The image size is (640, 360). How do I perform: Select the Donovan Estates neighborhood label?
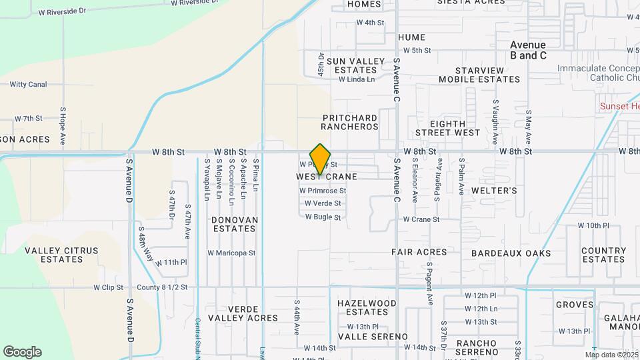point(234,224)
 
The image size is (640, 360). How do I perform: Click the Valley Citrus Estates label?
point(61,255)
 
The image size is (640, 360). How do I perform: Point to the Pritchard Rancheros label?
point(349,122)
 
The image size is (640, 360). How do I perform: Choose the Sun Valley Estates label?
point(360,65)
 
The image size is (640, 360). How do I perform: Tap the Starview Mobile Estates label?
point(479,75)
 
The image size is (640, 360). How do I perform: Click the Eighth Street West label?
point(455,128)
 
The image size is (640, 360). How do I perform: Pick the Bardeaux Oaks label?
point(511,253)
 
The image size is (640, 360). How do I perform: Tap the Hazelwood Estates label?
point(363,307)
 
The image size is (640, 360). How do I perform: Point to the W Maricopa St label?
point(231,253)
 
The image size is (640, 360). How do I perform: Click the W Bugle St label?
point(323,217)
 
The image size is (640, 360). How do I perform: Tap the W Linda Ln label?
point(357,79)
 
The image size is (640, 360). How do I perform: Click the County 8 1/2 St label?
point(162,287)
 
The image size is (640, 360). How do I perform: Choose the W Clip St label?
point(108,287)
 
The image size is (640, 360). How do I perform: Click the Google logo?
point(22,352)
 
